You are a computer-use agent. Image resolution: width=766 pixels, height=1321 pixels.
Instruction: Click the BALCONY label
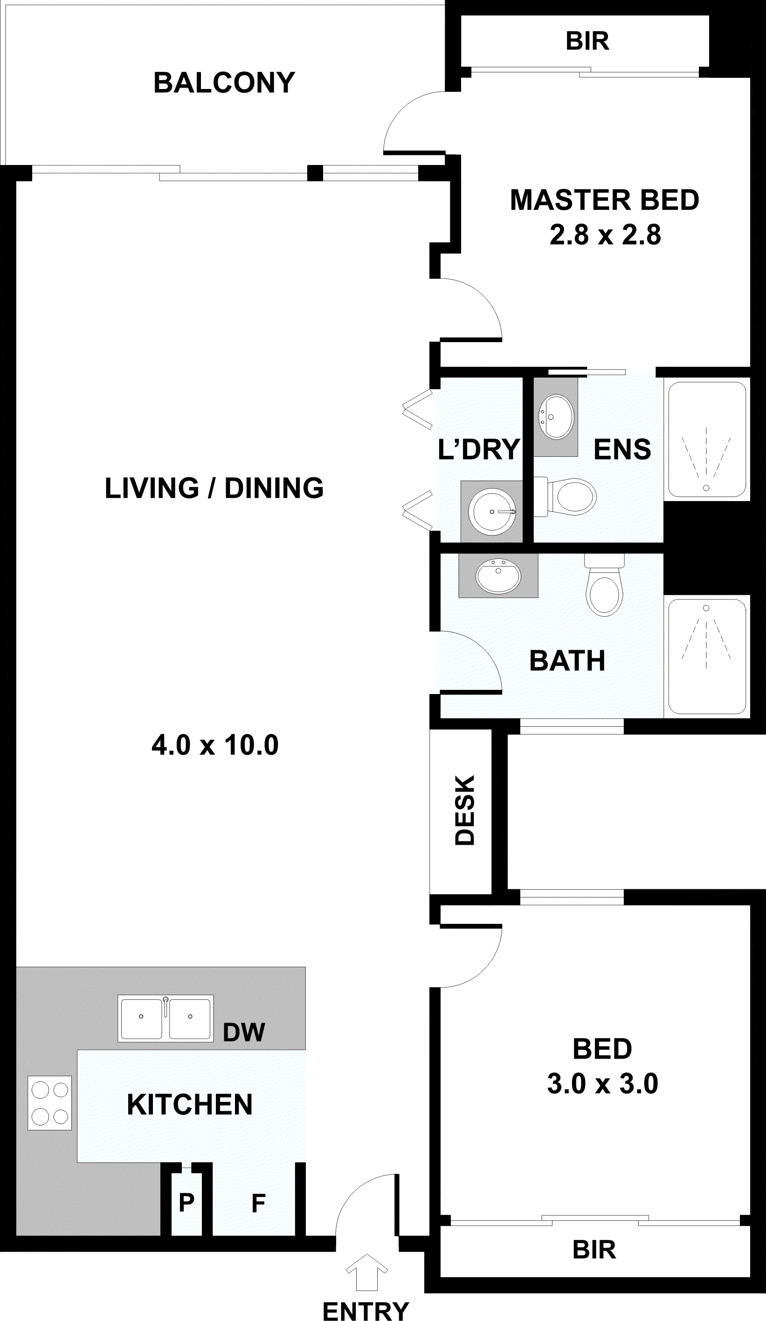224,83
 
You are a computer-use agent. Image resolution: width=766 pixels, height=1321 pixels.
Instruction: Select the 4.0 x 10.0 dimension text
215,745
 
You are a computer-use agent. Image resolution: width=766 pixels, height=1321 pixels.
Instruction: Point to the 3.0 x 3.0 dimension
602,1084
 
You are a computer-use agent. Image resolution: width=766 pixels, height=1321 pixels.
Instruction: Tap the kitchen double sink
166,1018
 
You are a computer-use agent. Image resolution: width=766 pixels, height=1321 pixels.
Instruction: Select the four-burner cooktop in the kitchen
50,1103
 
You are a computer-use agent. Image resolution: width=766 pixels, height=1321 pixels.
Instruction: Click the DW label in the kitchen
244,1032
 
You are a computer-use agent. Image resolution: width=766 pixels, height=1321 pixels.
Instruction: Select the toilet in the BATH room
605,585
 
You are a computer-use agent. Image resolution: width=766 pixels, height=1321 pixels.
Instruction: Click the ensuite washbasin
556,416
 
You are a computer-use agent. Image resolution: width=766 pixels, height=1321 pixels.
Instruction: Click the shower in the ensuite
706,440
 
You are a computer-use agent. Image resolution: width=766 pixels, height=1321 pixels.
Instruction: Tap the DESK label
464,811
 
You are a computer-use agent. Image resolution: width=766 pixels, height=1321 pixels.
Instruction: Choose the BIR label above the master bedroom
587,41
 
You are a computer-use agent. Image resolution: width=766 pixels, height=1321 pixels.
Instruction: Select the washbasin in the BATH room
498,576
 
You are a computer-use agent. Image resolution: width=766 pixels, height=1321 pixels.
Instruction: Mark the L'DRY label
479,450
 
